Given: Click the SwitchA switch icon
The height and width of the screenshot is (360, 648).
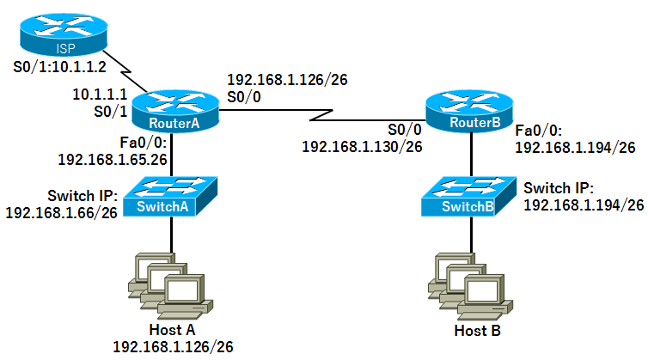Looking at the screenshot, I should click(x=170, y=197).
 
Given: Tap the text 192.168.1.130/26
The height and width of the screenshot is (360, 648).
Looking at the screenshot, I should click(x=362, y=147).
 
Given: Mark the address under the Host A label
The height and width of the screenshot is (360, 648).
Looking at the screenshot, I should click(x=172, y=346).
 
